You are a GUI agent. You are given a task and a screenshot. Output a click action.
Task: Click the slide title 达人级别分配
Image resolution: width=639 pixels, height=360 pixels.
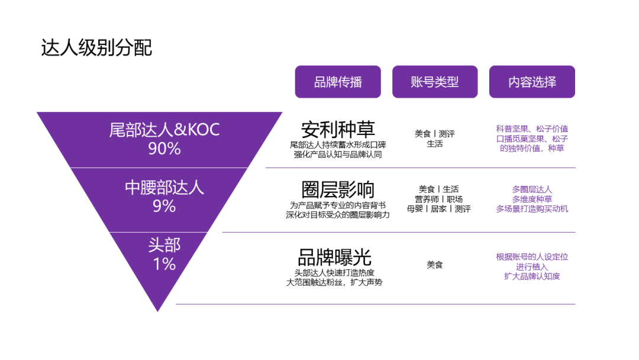coord(96,48)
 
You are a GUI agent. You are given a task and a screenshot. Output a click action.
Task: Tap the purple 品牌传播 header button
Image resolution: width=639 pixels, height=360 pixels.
coord(338,82)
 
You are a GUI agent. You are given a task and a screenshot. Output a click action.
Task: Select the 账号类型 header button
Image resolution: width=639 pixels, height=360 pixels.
coord(435,82)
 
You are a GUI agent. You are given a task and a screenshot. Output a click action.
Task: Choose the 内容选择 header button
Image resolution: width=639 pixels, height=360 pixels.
coord(532,82)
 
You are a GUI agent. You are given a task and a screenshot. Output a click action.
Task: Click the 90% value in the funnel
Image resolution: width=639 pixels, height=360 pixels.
coord(164,149)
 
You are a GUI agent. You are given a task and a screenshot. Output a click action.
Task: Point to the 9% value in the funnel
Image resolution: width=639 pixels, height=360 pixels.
coord(164,206)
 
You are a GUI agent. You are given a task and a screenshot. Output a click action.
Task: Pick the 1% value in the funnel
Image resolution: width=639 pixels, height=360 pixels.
coord(164,264)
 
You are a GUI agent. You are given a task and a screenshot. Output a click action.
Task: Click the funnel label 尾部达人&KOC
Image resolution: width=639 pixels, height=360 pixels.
coord(164,130)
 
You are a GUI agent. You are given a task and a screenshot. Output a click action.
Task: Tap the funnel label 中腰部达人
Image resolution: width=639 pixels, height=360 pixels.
coord(164,188)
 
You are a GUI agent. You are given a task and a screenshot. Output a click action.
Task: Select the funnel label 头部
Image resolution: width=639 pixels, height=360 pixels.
coord(164,245)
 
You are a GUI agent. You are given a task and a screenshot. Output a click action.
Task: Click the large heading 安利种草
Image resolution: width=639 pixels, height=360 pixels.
coord(338,130)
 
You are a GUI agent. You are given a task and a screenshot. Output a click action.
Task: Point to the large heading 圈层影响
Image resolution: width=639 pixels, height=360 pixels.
coord(338,189)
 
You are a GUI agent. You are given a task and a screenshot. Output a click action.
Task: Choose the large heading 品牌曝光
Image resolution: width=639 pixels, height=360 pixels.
coord(334,257)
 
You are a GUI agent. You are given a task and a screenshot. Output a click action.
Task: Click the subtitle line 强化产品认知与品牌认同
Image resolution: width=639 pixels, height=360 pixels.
coord(338,155)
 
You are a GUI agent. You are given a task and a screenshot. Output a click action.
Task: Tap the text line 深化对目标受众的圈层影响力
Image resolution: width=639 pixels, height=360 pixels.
coord(338,215)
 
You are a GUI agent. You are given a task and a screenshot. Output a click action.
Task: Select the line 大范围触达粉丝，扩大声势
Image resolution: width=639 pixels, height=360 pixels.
coord(334,282)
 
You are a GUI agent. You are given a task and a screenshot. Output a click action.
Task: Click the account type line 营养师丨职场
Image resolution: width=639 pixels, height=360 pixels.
coord(438,199)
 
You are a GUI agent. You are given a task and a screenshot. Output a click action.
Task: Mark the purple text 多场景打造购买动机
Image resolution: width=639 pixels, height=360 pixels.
coord(532,209)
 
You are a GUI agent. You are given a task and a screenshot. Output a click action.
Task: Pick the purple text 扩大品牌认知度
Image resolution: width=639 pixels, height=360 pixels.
coord(532,276)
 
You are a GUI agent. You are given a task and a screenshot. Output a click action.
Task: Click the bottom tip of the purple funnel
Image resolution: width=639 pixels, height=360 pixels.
coord(158,311)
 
